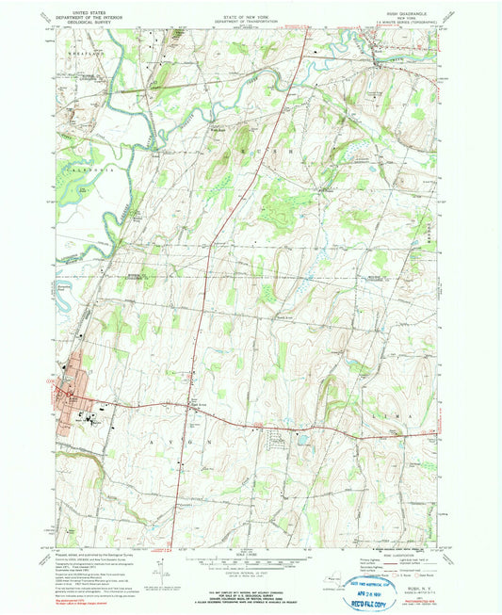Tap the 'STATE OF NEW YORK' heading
pos(251,8)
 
